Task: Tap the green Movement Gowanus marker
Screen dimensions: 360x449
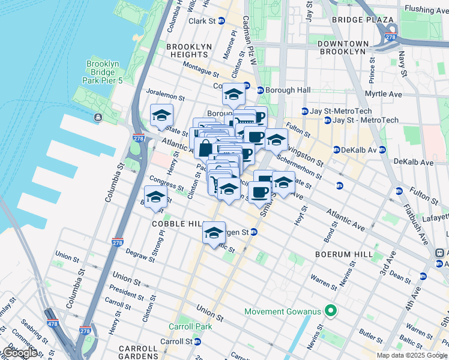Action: [x=329, y=311]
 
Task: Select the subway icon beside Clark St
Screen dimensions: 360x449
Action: [x=221, y=21]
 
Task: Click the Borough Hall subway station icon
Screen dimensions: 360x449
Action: [x=261, y=90]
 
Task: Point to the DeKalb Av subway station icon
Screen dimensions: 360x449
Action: [x=336, y=149]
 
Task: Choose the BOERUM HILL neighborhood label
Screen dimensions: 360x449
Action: [x=336, y=254]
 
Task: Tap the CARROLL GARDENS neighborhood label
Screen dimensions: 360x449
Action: [x=137, y=353]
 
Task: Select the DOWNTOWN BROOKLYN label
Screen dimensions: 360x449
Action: [x=351, y=48]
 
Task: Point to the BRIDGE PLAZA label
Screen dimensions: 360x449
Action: [x=363, y=20]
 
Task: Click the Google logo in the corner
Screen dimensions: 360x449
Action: [x=19, y=353]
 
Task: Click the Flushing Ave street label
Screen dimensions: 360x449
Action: [x=429, y=10]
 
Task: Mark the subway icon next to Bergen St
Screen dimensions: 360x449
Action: [x=254, y=232]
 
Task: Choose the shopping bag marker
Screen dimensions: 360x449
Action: [x=205, y=148]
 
